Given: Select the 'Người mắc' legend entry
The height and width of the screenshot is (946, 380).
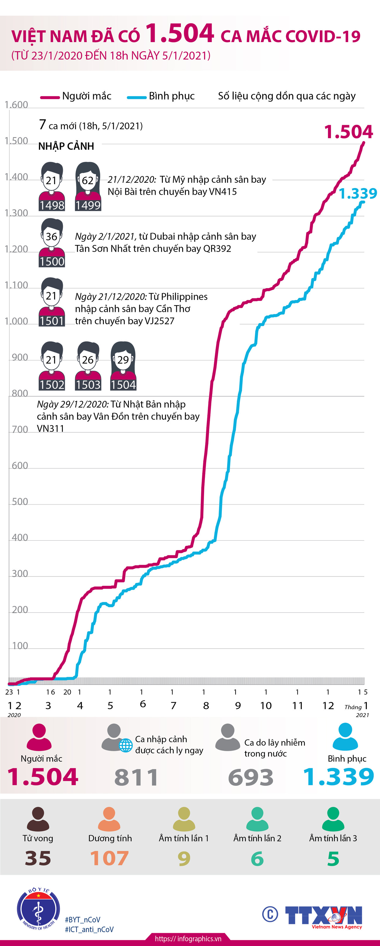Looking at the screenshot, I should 76,96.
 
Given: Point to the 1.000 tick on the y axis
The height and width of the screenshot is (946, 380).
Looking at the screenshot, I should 16,321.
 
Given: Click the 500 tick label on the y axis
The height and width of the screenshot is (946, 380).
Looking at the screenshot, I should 20,502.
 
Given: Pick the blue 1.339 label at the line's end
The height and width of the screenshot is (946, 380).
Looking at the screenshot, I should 357,194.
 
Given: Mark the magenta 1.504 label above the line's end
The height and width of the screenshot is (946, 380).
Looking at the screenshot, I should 348,132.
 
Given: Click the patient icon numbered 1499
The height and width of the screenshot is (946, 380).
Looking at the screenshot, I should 88,187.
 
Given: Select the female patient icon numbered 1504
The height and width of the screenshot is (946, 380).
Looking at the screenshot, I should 123,366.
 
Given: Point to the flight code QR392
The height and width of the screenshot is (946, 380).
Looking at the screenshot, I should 217,248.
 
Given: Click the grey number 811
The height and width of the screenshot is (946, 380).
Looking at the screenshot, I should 136,777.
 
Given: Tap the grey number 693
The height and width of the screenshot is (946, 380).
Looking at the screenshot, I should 251,777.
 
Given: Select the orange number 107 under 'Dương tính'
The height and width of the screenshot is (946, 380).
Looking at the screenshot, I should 109,858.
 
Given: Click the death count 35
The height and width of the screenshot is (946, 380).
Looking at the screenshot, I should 38,858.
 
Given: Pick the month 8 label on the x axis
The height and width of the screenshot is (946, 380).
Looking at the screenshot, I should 206,705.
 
